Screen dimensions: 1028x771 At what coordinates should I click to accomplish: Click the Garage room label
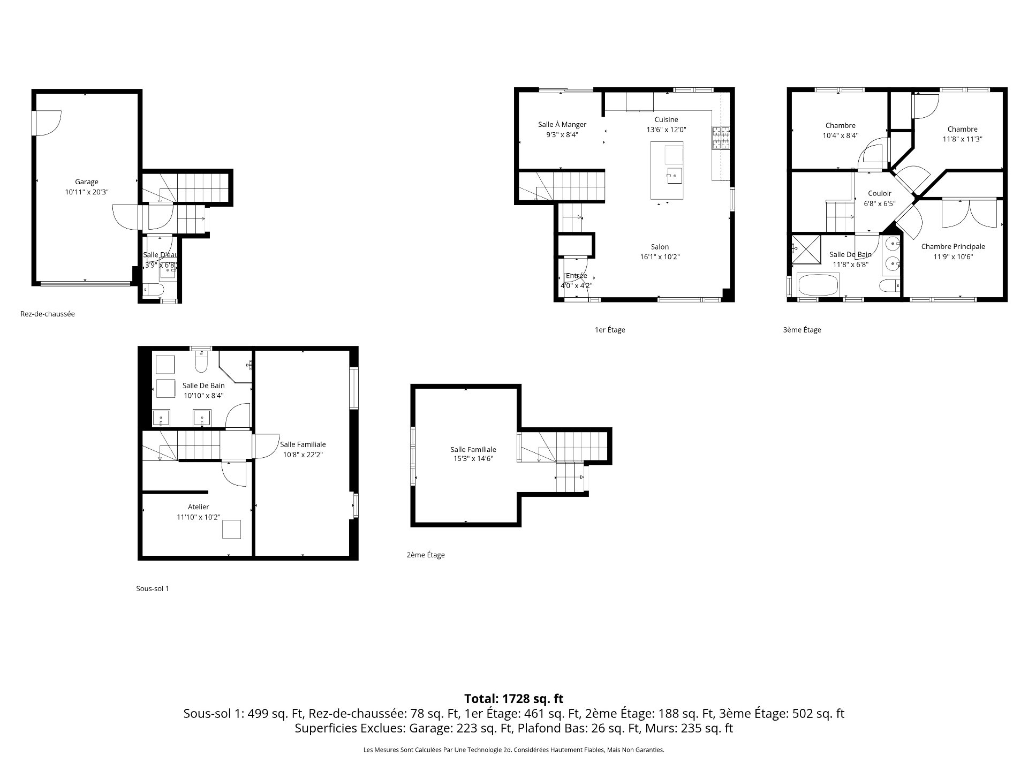pos(86,182)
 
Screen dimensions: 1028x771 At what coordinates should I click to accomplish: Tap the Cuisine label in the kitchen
pos(666,119)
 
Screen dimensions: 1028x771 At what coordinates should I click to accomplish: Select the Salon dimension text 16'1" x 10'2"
pos(660,257)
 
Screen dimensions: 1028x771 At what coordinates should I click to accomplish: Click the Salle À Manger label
pos(562,125)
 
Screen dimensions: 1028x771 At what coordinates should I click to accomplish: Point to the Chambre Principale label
pos(953,247)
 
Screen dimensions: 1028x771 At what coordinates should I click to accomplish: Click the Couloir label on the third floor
pos(880,194)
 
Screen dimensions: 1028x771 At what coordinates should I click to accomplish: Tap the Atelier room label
pos(199,507)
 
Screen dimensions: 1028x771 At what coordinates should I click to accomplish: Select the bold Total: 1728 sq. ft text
pos(514,699)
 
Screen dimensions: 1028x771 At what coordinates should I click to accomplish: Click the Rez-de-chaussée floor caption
pos(48,314)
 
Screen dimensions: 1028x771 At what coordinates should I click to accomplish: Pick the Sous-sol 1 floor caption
pos(153,588)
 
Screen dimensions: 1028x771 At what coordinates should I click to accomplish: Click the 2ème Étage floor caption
pos(426,555)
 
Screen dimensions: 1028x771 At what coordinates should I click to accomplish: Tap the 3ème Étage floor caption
pos(802,330)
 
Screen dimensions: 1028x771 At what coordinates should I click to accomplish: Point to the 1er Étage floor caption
pos(610,330)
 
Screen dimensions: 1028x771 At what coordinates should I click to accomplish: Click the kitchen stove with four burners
pos(721,138)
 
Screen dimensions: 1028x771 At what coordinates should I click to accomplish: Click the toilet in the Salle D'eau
pos(155,290)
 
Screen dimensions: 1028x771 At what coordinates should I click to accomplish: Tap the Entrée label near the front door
pos(577,276)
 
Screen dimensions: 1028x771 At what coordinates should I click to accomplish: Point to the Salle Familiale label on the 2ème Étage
pos(473,450)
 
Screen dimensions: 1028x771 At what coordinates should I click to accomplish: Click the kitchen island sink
pos(674,175)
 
